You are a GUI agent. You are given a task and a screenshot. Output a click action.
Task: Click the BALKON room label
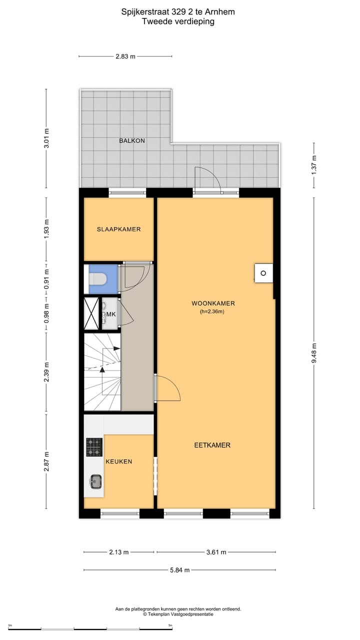(132, 141)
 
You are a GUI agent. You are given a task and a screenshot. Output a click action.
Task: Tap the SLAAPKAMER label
(118, 229)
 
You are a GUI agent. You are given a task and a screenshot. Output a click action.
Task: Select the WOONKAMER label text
(213, 303)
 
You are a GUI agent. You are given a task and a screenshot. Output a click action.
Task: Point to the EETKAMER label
(212, 445)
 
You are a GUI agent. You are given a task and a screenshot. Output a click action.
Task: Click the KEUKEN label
(119, 461)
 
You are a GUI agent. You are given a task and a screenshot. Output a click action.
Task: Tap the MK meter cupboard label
(110, 314)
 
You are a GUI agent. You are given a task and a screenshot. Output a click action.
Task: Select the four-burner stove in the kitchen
(94, 447)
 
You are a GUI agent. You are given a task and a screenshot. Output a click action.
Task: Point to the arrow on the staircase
(102, 369)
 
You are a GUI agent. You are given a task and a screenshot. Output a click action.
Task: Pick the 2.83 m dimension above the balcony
(125, 56)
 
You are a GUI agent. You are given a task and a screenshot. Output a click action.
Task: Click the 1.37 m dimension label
(314, 164)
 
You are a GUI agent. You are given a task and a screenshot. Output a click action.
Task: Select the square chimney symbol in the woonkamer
(263, 273)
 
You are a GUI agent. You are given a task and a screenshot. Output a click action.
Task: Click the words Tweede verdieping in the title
(178, 21)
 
